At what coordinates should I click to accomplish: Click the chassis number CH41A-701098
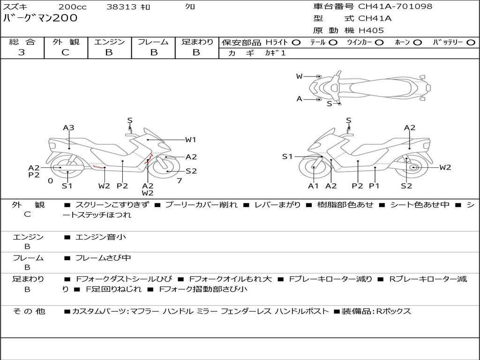point(395,7)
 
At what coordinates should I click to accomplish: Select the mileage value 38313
point(121,7)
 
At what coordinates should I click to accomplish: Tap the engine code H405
point(371,30)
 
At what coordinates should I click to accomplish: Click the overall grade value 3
point(22,52)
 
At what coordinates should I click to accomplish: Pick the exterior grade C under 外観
point(66,52)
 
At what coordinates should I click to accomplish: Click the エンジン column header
point(109,42)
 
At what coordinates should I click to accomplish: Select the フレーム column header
point(153,42)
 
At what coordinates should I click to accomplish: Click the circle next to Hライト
point(296,43)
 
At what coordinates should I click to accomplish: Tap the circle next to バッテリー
point(471,43)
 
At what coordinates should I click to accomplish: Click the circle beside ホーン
point(418,43)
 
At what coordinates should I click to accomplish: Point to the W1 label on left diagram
point(190,139)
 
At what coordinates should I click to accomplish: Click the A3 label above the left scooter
point(69,127)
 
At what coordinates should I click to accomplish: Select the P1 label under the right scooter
point(374,186)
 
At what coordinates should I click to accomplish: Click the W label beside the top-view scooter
point(299,76)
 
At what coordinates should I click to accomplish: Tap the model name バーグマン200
point(40,18)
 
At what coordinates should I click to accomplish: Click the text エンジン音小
point(101,237)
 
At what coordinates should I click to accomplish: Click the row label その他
point(29,311)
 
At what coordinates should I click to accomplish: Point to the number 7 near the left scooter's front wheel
point(179,180)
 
